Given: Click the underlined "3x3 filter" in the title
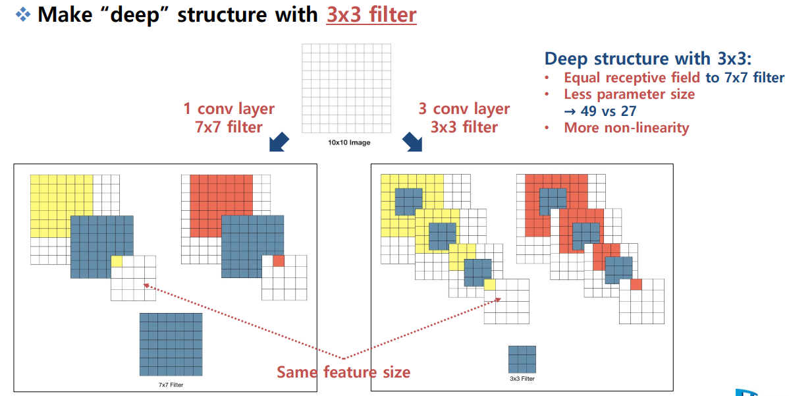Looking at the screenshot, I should [x=371, y=14].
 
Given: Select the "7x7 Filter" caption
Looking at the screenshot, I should [x=170, y=384].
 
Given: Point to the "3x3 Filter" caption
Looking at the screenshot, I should [x=522, y=379].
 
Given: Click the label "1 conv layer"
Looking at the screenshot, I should [x=229, y=109].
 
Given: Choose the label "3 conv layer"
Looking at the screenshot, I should [x=464, y=109].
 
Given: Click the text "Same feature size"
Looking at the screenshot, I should [x=343, y=372].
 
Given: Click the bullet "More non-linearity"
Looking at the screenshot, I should [x=626, y=128].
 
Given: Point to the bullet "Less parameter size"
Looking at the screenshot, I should [x=629, y=94].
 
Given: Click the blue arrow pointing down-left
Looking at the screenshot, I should [x=279, y=141].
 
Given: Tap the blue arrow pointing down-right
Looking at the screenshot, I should [x=412, y=141].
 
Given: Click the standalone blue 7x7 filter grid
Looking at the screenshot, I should [x=171, y=344].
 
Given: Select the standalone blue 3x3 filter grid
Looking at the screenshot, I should [x=522, y=359].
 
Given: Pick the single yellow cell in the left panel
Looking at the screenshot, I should [x=117, y=262].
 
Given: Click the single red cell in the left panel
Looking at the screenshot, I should [x=279, y=261].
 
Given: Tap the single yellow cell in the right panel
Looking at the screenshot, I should [x=489, y=285].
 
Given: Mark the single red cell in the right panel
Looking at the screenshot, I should [x=636, y=285].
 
